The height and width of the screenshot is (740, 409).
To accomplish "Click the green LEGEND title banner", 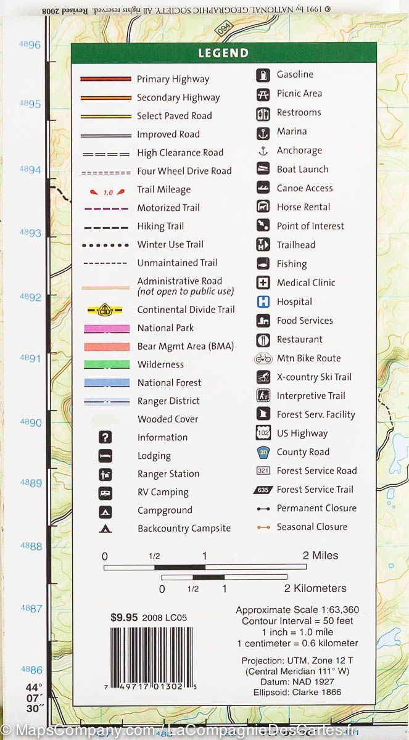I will coord(223,53).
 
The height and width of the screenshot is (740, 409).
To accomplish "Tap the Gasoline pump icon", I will coord(263,75).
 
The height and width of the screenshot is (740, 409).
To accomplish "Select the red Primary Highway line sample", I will coord(106,79).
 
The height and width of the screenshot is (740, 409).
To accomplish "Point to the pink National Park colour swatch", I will coord(107,329).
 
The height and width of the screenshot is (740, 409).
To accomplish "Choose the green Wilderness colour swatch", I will coord(107,364).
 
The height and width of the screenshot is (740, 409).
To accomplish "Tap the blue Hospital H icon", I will coord(263,302).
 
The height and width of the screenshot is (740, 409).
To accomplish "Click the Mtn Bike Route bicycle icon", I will coord(263,358).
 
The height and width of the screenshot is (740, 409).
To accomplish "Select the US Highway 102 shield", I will coord(263,434).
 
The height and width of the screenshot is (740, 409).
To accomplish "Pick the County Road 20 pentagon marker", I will coord(263,452).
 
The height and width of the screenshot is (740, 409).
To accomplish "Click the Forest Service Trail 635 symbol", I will coord(263,490).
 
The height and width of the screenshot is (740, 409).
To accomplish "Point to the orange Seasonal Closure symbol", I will coord(263,527).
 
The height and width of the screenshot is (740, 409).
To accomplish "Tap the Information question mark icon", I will coord(105,437).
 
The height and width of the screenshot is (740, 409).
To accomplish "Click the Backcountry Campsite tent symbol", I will coord(105,528).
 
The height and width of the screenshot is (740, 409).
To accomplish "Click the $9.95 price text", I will coord(123,617).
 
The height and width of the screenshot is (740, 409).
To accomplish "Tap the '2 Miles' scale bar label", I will coord(321,556).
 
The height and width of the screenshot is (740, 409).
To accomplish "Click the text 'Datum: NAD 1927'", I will coord(297,681).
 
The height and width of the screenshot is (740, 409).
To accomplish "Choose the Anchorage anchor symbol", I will coord(263,150).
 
